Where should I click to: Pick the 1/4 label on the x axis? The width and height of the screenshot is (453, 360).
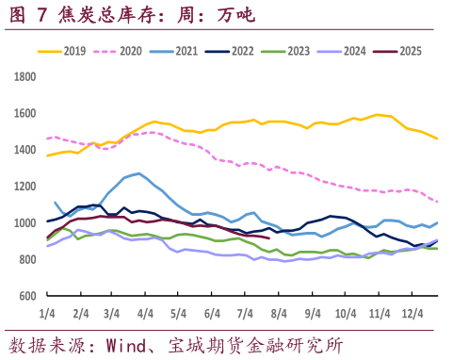(x=46, y=312)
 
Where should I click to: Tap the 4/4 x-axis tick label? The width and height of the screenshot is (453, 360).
(x=146, y=312)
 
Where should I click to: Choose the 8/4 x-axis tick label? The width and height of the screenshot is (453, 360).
(x=277, y=312)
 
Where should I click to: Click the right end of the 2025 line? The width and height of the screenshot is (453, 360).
(x=269, y=238)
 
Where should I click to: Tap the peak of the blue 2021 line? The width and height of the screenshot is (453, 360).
(x=139, y=173)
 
